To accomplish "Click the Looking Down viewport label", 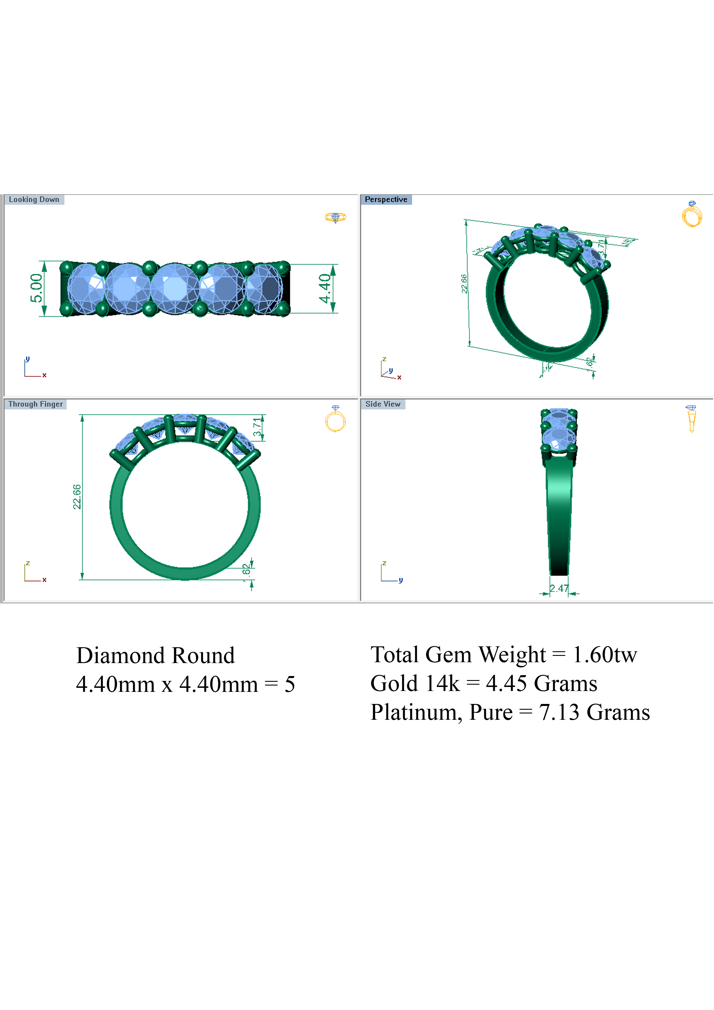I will click(x=34, y=199).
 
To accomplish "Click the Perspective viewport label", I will click(x=386, y=199).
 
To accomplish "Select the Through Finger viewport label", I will click(x=35, y=404).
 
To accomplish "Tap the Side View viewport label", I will click(x=383, y=404).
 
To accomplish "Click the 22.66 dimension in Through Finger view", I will click(x=77, y=497).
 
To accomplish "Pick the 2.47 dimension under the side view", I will click(x=559, y=588).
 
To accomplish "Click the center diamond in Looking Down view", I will click(x=175, y=288).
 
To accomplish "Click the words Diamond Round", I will click(x=155, y=656).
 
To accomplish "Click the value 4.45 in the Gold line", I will click(x=506, y=684).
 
